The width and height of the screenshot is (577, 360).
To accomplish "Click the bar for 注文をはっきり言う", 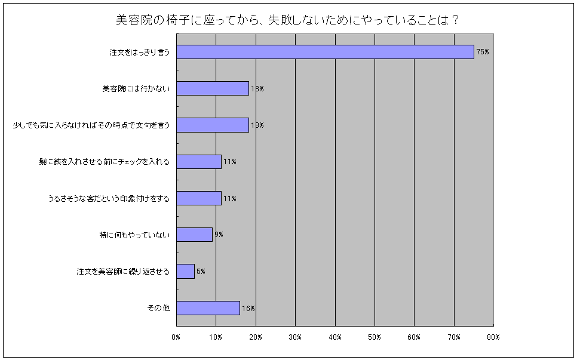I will click(x=326, y=52).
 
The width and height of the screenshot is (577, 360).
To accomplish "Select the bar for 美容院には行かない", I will click(x=213, y=88).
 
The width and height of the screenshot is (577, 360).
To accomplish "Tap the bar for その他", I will click(x=208, y=308).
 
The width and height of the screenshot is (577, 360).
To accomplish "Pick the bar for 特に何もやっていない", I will click(x=194, y=235).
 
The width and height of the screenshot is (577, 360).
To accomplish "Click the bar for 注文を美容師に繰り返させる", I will click(x=185, y=271).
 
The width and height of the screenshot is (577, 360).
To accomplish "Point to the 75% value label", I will click(x=483, y=53).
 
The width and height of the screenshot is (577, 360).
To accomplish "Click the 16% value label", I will click(x=248, y=309).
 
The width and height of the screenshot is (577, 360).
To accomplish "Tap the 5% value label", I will click(x=201, y=272).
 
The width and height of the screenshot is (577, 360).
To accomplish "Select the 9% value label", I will click(x=219, y=235).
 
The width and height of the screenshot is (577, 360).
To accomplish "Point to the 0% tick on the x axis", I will click(x=176, y=337).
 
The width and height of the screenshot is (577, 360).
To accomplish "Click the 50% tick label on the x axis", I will click(x=375, y=337).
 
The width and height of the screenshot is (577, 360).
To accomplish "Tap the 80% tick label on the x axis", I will click(x=493, y=337).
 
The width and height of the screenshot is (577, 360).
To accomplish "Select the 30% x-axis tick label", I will click(x=295, y=337).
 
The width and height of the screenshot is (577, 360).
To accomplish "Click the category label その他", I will click(x=159, y=308).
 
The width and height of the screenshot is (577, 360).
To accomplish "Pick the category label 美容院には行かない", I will click(x=136, y=89).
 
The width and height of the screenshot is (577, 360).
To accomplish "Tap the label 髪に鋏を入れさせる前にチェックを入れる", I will click(x=105, y=162).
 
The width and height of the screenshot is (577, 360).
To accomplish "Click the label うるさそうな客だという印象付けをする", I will click(x=109, y=198).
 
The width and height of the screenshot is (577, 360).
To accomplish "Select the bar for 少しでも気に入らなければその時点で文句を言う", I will click(x=213, y=125).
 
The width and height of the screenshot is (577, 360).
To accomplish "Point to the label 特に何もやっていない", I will click(x=134, y=235).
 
